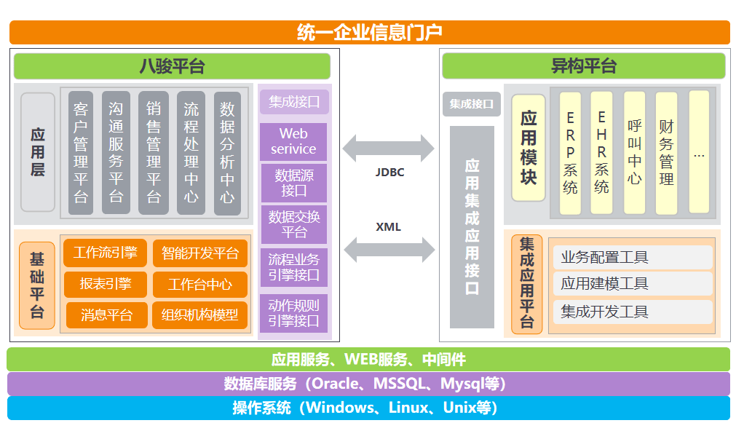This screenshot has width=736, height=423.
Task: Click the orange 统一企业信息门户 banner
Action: (x=369, y=33)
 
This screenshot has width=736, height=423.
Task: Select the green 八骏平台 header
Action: (x=172, y=66)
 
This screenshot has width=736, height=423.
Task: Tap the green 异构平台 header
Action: (x=584, y=66)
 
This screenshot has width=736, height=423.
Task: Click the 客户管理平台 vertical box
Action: (x=81, y=153)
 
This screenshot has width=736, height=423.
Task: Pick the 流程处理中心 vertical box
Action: (x=191, y=153)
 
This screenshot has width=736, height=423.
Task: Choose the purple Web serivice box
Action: (x=293, y=141)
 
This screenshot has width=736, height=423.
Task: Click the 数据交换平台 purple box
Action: (x=293, y=224)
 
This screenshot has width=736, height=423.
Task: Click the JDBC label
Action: (x=389, y=173)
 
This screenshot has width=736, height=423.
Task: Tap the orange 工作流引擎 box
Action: (x=106, y=253)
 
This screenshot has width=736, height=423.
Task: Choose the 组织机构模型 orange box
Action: (x=199, y=315)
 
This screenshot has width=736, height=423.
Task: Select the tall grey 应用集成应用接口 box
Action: (x=472, y=226)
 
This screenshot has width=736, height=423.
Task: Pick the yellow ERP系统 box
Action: (x=570, y=153)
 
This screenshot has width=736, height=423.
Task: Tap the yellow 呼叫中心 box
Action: (x=634, y=153)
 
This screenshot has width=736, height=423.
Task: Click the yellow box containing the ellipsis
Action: (x=699, y=152)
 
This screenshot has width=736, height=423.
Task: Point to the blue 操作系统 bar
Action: (x=368, y=408)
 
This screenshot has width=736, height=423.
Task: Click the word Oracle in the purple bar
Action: (x=336, y=384)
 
